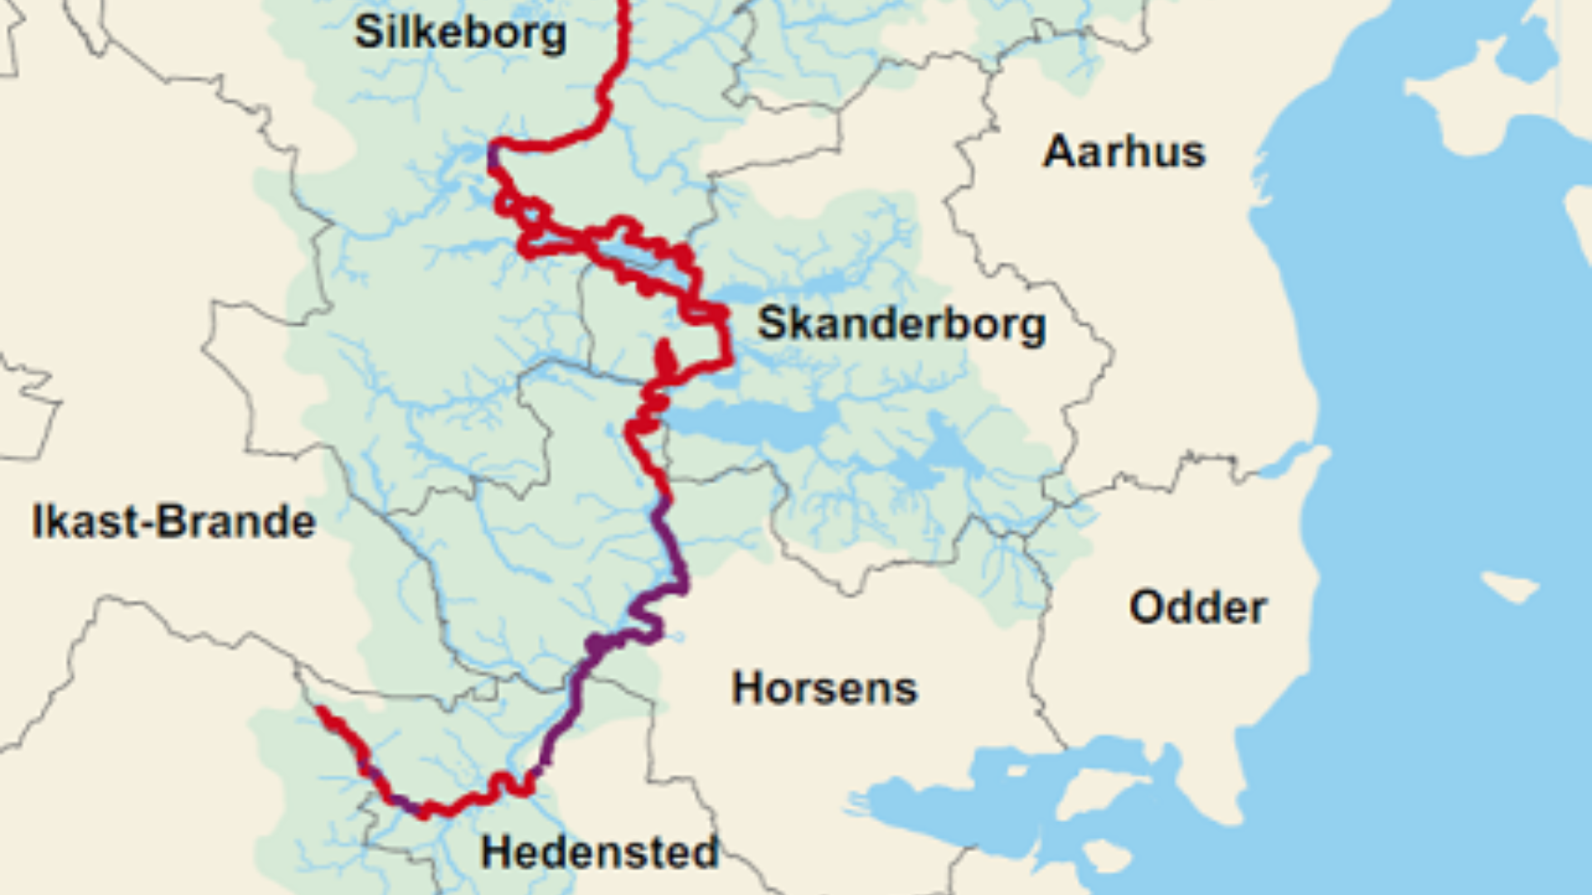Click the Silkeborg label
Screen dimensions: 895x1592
tap(461, 33)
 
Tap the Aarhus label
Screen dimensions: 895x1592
tap(1124, 152)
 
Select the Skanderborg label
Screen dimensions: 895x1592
tap(901, 324)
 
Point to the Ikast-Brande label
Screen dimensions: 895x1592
tap(173, 522)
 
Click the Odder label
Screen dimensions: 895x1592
tap(1197, 608)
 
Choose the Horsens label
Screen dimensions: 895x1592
tap(824, 689)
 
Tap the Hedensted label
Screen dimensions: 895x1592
tap(599, 853)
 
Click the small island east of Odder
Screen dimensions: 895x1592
tap(1511, 587)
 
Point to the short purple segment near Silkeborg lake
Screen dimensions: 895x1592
tap(494, 156)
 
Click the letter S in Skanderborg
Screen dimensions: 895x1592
tap(773, 323)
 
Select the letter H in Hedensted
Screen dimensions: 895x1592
tap(498, 853)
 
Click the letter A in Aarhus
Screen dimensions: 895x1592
tap(1058, 152)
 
